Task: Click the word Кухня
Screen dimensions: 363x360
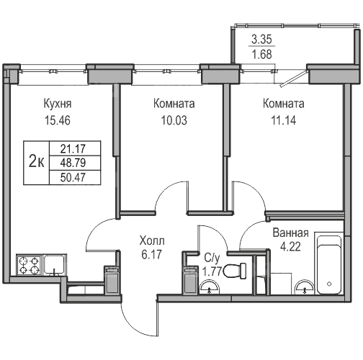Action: click(x=58, y=104)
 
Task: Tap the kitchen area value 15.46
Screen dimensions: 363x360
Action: click(x=58, y=120)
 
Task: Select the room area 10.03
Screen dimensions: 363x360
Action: click(x=174, y=120)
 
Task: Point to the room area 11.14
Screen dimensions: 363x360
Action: click(x=284, y=120)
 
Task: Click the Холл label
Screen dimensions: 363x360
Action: click(x=152, y=240)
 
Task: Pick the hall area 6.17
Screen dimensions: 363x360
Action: click(x=151, y=254)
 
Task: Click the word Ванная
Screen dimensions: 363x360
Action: click(x=290, y=233)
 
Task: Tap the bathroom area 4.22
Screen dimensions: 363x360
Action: click(x=290, y=246)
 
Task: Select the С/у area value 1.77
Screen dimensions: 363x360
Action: click(x=212, y=271)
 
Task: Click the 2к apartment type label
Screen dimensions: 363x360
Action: click(x=36, y=161)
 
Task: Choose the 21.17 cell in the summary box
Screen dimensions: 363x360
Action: click(x=73, y=149)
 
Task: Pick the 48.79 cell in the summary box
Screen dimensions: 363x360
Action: click(x=73, y=163)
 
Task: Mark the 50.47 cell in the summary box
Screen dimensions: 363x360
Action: click(x=73, y=177)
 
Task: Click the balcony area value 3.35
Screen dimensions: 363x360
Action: click(x=261, y=39)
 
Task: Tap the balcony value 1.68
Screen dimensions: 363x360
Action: click(x=261, y=54)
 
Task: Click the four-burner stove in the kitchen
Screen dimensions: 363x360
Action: click(x=30, y=266)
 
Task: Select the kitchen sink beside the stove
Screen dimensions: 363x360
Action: click(x=55, y=265)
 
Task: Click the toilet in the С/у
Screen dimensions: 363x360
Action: click(x=235, y=271)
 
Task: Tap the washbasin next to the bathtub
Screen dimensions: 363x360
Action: click(x=305, y=287)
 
